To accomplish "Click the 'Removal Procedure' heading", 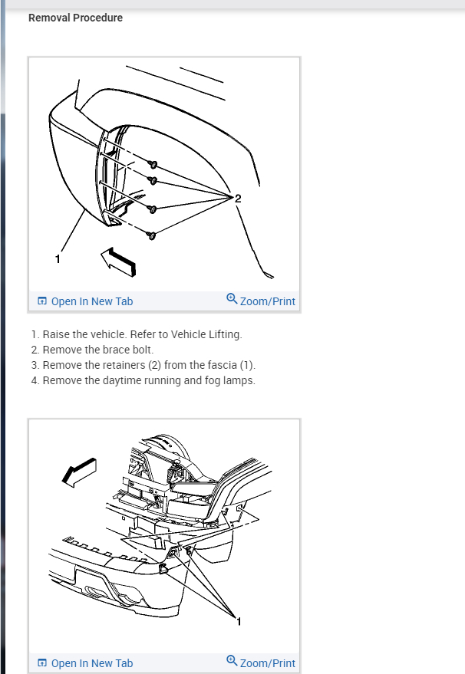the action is [x=75, y=18].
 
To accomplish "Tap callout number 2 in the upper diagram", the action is [x=238, y=198].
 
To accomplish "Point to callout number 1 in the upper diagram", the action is [x=58, y=258].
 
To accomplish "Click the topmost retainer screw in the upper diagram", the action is [x=153, y=164].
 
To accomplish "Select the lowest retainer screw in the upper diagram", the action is [x=151, y=235].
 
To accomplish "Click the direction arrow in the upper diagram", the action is [x=118, y=261].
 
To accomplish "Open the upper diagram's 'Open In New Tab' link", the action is [x=85, y=301].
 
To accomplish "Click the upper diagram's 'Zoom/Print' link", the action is [x=261, y=301].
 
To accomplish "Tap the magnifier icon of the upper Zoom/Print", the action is [x=232, y=298].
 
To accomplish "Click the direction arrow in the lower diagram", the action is [x=79, y=472].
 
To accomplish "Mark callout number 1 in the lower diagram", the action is [x=239, y=621].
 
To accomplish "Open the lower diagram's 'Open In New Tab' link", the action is [x=85, y=663].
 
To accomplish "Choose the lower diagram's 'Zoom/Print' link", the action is [x=261, y=662].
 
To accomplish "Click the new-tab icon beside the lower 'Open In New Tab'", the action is [x=42, y=662].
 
